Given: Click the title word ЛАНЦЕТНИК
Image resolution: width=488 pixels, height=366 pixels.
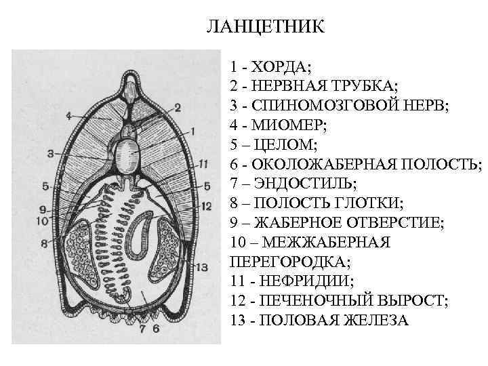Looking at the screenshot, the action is point(266,28).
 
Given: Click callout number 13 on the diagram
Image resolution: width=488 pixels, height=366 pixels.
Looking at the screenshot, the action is point(201,267).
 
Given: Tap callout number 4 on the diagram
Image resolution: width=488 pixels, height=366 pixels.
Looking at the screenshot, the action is point(69,117).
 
